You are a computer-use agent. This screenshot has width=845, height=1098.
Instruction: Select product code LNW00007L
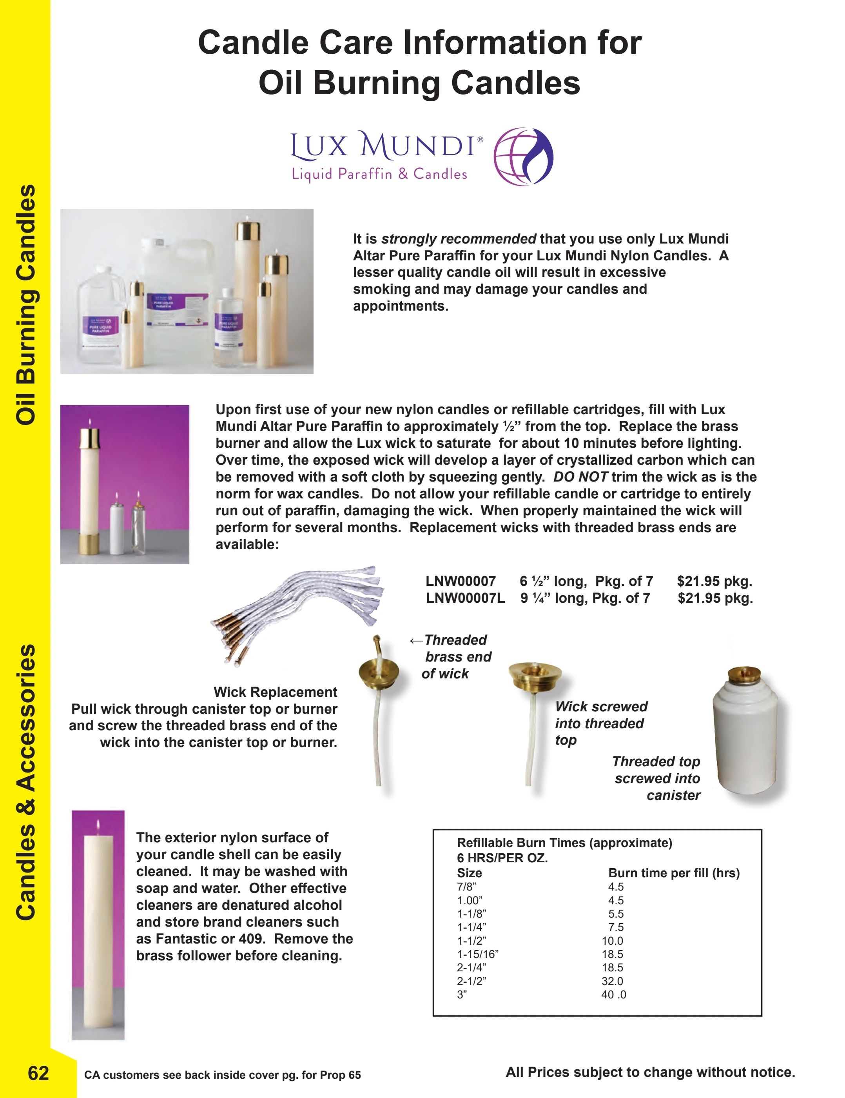465,598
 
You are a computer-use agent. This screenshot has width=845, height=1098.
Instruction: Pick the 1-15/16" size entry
477,954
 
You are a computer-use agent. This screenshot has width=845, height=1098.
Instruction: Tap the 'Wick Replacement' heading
275,692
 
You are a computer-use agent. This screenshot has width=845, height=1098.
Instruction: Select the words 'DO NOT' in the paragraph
581,476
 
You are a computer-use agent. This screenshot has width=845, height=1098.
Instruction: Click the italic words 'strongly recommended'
459,239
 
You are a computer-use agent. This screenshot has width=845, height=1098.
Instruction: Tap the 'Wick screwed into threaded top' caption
601,723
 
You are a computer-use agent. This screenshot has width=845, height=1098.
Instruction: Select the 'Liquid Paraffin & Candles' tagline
379,174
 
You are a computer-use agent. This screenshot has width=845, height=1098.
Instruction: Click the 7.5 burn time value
616,927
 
